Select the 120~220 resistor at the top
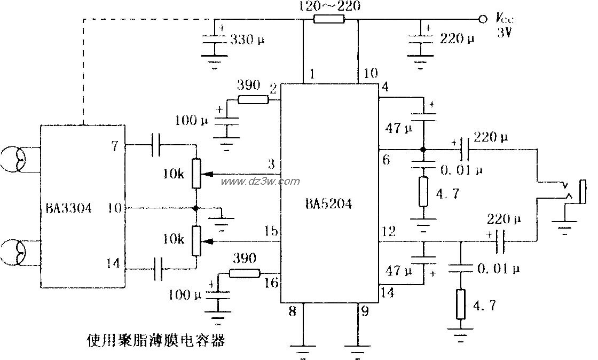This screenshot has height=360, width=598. [x=329, y=20]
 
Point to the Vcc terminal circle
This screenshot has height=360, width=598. [x=483, y=19]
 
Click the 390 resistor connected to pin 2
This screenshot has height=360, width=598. [x=253, y=99]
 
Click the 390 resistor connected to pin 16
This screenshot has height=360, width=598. [x=245, y=273]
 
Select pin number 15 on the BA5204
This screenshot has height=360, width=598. [x=271, y=231]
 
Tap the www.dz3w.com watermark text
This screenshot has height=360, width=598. [x=260, y=182]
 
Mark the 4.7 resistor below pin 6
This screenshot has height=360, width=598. [x=423, y=192]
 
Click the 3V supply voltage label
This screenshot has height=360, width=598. [x=505, y=32]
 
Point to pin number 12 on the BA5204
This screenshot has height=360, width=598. [x=389, y=231]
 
